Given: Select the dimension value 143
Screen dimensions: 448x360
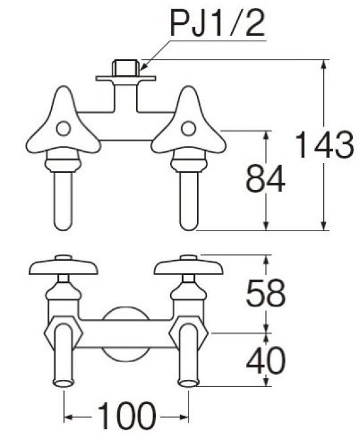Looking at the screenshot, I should (x=323, y=145).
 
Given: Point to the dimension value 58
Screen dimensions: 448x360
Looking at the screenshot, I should (x=266, y=295).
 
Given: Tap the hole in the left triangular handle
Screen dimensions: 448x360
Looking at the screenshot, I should (x=63, y=129).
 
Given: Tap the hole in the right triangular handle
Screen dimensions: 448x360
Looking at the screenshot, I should (x=189, y=128).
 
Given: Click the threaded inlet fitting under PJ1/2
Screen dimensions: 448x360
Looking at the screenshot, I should (x=126, y=68).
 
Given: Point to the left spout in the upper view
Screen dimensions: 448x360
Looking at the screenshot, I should (x=62, y=196).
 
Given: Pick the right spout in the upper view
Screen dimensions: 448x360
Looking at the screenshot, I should (x=189, y=196).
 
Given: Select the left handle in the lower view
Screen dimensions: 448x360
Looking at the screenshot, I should (x=63, y=265).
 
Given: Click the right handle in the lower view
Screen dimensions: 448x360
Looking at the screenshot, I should (x=189, y=265).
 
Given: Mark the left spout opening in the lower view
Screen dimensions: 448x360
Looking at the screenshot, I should (x=62, y=383).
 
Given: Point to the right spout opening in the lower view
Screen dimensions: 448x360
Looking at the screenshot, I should (x=188, y=383).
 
